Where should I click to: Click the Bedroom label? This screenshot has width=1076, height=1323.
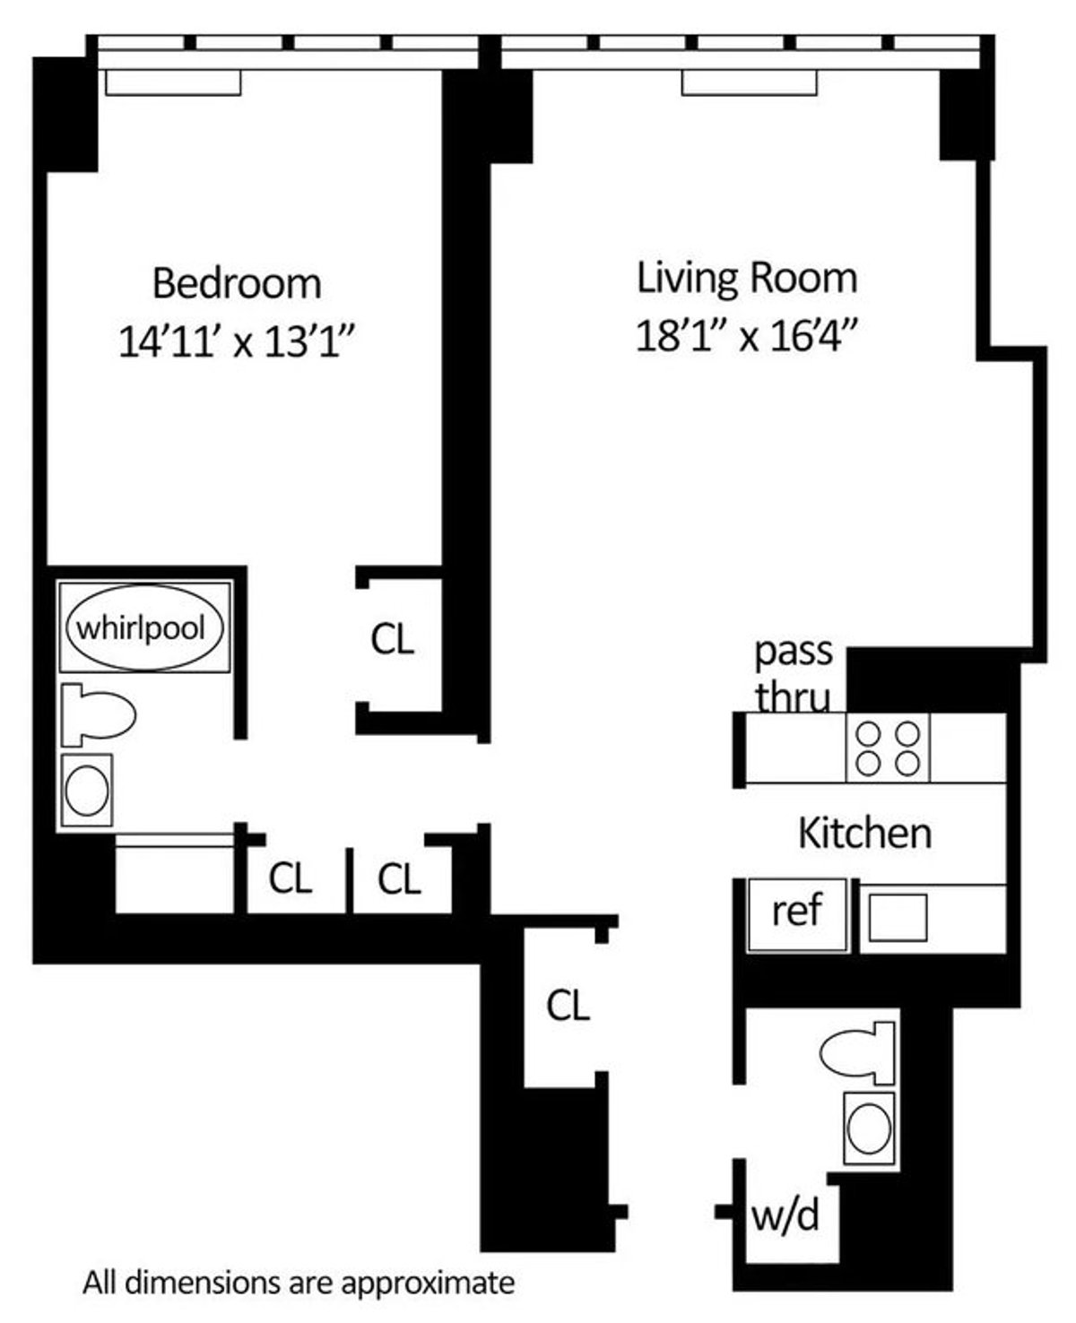tap(237, 283)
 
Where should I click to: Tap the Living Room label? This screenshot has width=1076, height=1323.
tap(747, 278)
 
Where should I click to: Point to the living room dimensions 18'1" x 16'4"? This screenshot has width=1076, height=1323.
tap(747, 336)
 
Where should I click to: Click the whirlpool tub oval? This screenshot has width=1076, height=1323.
tap(143, 627)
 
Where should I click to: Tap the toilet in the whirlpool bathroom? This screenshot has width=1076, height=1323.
tap(99, 714)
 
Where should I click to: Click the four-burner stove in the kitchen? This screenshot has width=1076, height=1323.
tap(888, 748)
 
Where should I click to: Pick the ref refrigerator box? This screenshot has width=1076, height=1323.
tap(797, 913)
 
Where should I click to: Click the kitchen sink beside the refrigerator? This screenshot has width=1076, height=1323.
tap(898, 918)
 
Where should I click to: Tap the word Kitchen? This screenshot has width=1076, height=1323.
tap(864, 834)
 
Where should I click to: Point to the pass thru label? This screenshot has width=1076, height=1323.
tap(793, 673)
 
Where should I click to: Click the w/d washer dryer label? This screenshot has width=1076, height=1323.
tap(785, 1215)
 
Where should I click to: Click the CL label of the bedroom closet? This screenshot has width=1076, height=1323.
tap(393, 640)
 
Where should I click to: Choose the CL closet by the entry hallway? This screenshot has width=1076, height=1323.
tap(568, 1006)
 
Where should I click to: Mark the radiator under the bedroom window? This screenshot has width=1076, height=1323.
tap(173, 82)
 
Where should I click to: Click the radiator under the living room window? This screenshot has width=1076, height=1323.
tap(749, 82)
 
